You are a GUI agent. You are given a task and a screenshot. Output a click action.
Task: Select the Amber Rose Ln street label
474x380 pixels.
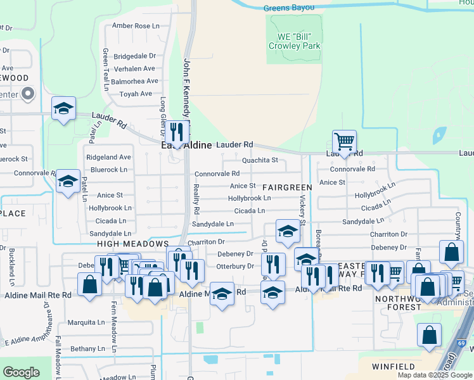[136, 26]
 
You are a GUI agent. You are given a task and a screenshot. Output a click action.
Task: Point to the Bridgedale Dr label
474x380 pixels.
[134, 56]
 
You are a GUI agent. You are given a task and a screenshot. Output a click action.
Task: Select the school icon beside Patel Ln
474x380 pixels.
[68, 181]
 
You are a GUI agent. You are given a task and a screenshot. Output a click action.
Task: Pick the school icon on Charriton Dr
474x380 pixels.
[287, 231]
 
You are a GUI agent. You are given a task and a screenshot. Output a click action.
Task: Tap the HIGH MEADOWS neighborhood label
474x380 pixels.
[133, 244]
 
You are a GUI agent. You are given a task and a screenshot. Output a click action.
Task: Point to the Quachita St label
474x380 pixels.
[260, 160]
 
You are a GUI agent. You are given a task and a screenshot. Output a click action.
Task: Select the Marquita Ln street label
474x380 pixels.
[87, 322]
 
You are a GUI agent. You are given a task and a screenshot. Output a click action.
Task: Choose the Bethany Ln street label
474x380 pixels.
[87, 349]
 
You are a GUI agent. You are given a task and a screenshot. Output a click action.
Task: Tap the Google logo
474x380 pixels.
[22, 372]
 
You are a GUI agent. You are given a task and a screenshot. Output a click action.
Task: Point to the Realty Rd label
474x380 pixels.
[196, 199]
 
